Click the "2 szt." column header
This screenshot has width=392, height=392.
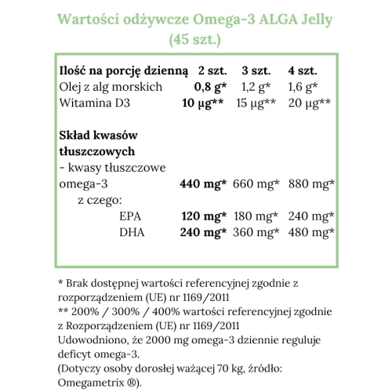212,71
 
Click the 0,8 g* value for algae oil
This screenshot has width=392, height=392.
210,87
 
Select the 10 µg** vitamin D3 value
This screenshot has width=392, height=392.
205,103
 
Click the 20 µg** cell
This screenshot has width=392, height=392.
310,103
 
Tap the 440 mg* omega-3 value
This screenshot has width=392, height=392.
203,184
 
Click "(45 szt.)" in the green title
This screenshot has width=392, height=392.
195,36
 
